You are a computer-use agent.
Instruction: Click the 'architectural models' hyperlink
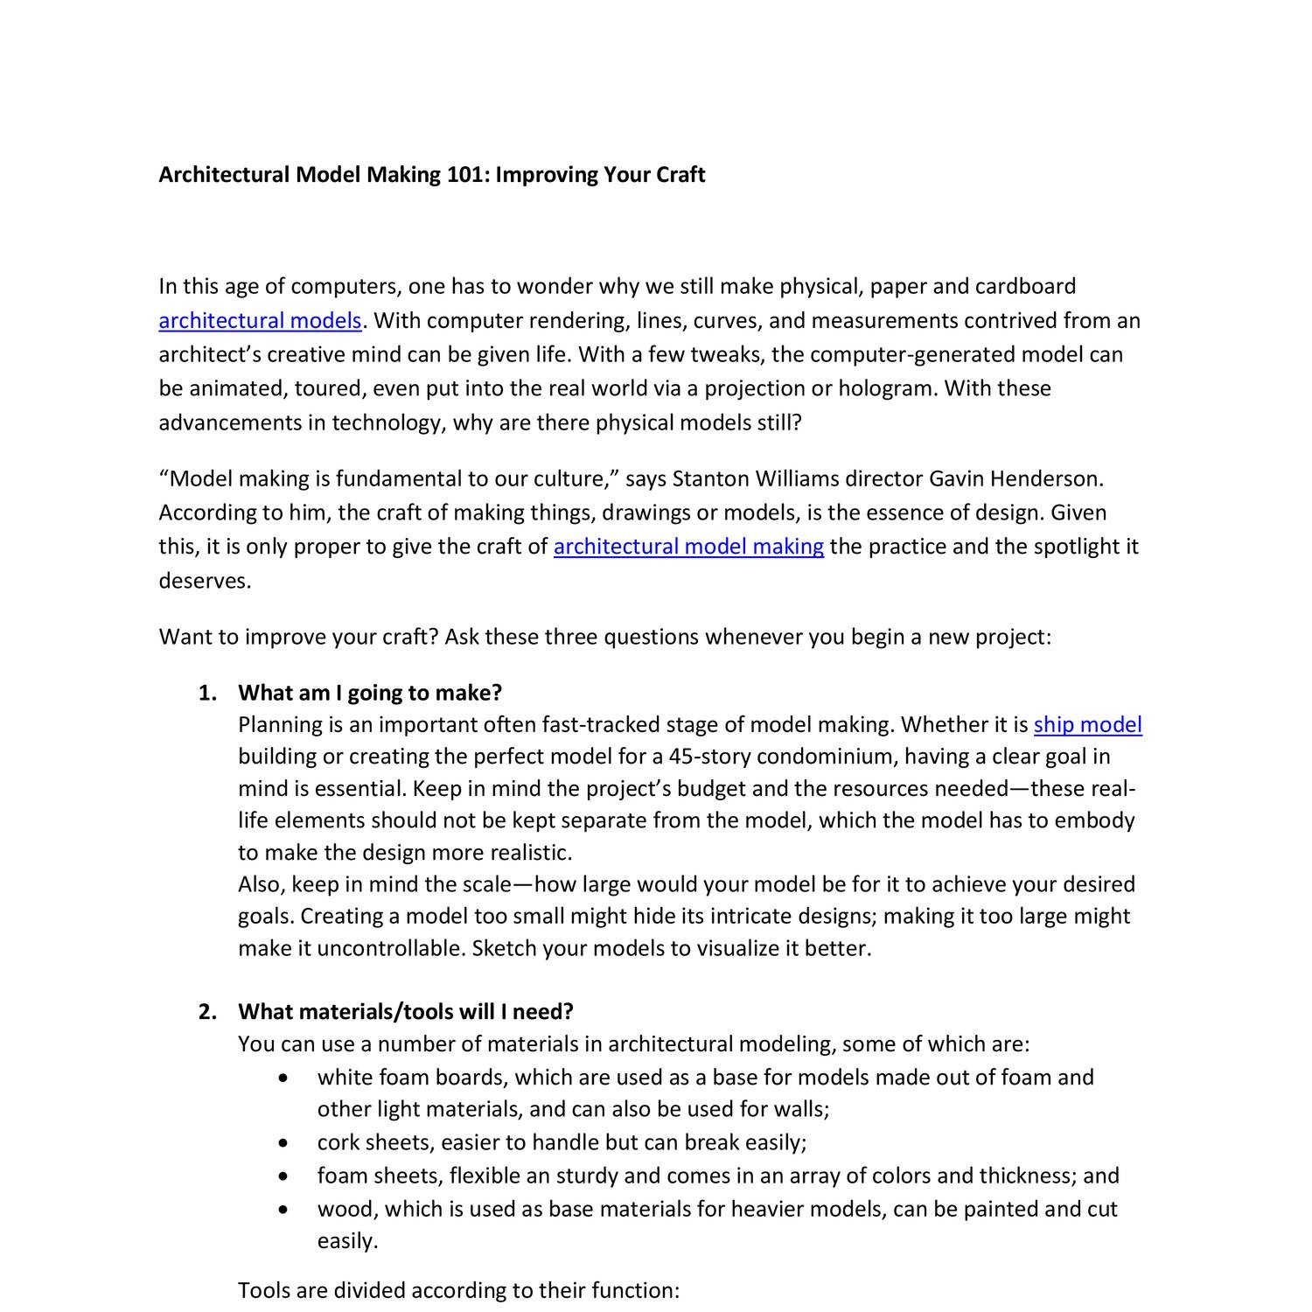pos(260,321)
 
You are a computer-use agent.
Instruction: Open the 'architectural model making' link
pos(688,547)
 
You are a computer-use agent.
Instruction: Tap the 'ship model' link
pos(1087,725)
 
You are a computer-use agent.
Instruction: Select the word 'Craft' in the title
pos(680,175)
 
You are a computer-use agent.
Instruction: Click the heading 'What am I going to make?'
pos(370,693)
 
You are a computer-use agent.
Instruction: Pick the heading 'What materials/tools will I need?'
pos(406,1012)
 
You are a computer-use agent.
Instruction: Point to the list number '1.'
pos(207,694)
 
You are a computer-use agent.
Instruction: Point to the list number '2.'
pos(207,1012)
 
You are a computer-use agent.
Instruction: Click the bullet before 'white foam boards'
pos(282,1078)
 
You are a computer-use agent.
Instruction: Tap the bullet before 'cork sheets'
pos(282,1143)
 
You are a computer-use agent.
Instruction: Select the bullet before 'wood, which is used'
pos(282,1210)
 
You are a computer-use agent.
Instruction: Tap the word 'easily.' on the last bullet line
pos(347,1241)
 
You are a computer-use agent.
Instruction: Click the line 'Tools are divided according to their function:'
pos(458,1291)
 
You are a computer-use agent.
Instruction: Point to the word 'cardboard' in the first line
pos(1025,287)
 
